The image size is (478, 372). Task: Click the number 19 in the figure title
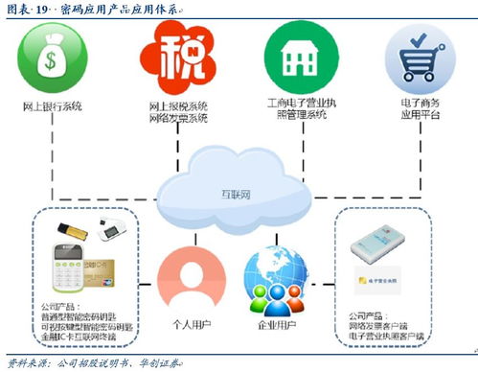click(44, 9)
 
